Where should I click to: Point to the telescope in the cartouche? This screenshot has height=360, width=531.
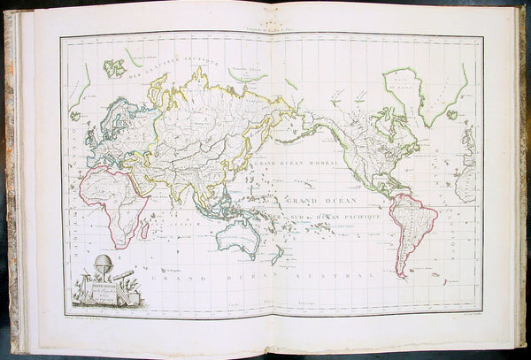point(124,275)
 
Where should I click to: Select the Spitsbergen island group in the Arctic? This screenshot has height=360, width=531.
point(114,66)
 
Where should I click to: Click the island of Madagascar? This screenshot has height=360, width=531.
point(144,229)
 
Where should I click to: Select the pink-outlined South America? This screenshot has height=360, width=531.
point(412,230)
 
